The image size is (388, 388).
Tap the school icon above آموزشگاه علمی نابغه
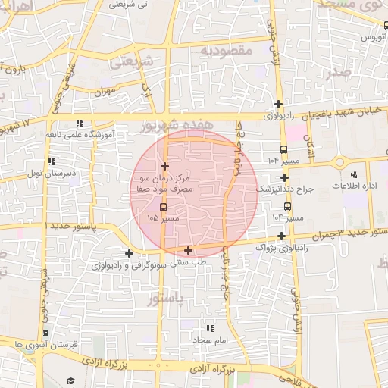(x=80, y=123)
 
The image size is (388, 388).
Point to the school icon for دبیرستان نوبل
(x=52, y=161)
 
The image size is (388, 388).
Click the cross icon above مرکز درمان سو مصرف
(x=164, y=166)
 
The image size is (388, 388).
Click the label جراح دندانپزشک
(x=284, y=188)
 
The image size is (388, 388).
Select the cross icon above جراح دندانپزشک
(x=283, y=177)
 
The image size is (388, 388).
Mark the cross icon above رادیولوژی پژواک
(x=281, y=236)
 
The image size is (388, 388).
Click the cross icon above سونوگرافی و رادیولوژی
(x=129, y=253)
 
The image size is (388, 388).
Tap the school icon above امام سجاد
(x=210, y=328)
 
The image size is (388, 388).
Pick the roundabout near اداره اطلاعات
(x=339, y=163)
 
